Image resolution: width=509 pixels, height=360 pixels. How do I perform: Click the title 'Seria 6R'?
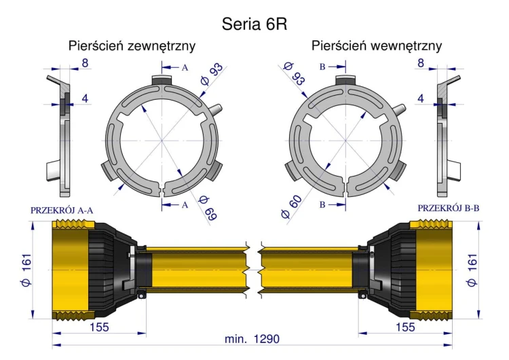pyautogui.click(x=254, y=24)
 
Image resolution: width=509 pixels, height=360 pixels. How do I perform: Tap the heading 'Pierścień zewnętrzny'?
pyautogui.click(x=132, y=46)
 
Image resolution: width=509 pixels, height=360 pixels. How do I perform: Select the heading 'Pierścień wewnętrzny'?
pyautogui.click(x=377, y=46)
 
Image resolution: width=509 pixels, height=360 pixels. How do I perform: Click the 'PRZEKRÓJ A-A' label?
pyautogui.click(x=62, y=211)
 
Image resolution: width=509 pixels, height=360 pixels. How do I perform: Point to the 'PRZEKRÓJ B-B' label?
pyautogui.click(x=449, y=208)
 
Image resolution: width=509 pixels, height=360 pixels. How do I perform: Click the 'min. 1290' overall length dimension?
pyautogui.click(x=252, y=339)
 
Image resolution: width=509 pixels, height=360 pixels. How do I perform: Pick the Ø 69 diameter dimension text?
pyautogui.click(x=208, y=208)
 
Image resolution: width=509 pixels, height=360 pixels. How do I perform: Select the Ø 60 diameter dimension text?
pyautogui.click(x=291, y=206)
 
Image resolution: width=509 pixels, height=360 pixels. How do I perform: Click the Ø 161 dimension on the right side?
pyautogui.click(x=472, y=270)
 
